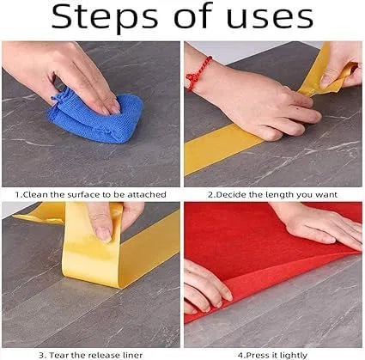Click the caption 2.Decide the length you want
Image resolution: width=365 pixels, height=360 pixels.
272,195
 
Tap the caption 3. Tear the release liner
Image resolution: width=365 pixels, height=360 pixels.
89,352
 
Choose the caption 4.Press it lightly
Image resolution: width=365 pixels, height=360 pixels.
272,352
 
